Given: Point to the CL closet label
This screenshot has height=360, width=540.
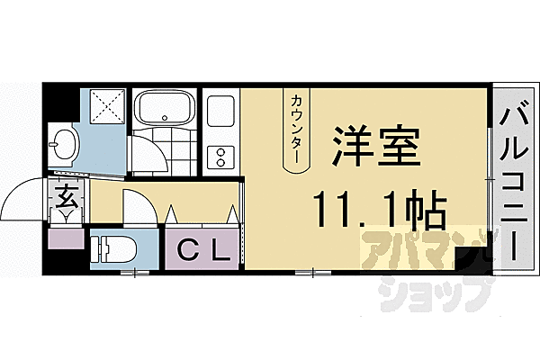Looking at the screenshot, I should click(x=201, y=247).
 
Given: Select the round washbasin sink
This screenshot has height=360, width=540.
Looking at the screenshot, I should click(x=66, y=142).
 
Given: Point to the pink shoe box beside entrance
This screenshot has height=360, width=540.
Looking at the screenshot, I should click(x=66, y=238).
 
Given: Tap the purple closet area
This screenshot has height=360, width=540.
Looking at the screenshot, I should click(x=201, y=247).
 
